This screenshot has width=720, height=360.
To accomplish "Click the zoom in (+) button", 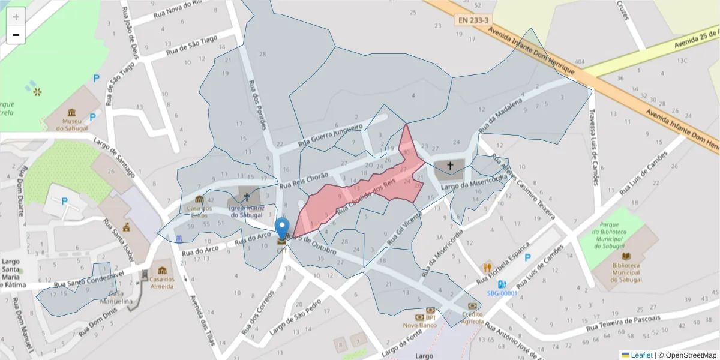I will (16, 17).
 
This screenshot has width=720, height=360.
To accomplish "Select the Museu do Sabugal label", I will (72, 124).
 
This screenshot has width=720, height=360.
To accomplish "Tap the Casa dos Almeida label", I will (161, 283).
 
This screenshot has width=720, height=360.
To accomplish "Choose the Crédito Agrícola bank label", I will (472, 317).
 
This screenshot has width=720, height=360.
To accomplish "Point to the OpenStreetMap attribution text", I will (687, 355).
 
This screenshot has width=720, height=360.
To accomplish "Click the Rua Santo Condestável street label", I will (88, 278).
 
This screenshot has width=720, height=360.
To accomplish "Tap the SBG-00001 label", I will (502, 293).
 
